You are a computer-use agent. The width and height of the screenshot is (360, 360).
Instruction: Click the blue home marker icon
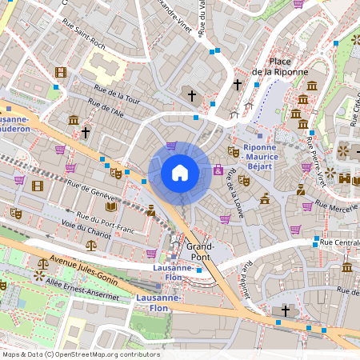click(180, 172)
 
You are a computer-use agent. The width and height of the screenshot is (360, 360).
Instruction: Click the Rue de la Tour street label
click(117, 96)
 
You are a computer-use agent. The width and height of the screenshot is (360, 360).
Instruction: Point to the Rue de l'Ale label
click(109, 110)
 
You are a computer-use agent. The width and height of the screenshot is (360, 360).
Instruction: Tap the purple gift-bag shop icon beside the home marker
click(218, 170)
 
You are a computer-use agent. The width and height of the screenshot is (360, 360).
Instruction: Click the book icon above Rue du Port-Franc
click(111, 206)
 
